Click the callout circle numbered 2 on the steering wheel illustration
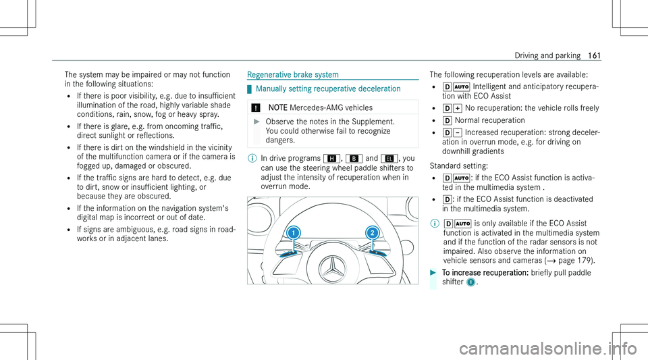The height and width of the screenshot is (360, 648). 371,232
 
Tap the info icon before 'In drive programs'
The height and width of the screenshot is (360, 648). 250,159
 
